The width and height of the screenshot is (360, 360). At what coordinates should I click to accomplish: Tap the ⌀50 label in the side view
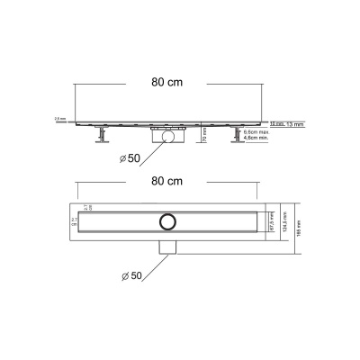(x=125, y=161)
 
